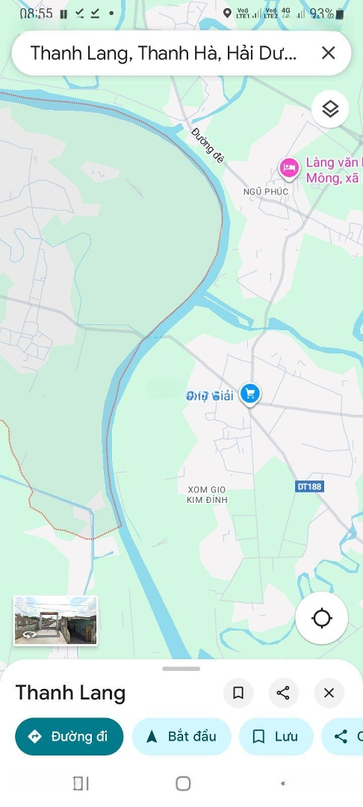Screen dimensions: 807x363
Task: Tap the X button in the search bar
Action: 328,53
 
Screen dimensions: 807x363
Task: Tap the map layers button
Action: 330,110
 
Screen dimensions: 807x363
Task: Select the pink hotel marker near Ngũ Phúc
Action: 288,168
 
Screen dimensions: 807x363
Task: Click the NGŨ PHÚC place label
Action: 265,191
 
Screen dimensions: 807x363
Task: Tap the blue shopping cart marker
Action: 250,394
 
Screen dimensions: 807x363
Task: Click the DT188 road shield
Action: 309,486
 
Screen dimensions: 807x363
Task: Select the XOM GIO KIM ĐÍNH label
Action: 207,494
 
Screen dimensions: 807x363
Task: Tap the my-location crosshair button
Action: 322,618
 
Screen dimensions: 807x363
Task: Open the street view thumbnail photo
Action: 55,620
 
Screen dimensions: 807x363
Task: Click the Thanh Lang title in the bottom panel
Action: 70,693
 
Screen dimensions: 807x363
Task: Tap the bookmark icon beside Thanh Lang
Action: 238,693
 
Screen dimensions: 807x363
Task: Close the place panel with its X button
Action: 329,693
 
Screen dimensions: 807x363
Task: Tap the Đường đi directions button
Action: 69,737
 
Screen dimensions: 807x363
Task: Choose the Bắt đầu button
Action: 181,737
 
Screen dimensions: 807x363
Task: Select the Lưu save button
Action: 276,737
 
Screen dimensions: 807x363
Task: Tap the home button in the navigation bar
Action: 183,783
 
